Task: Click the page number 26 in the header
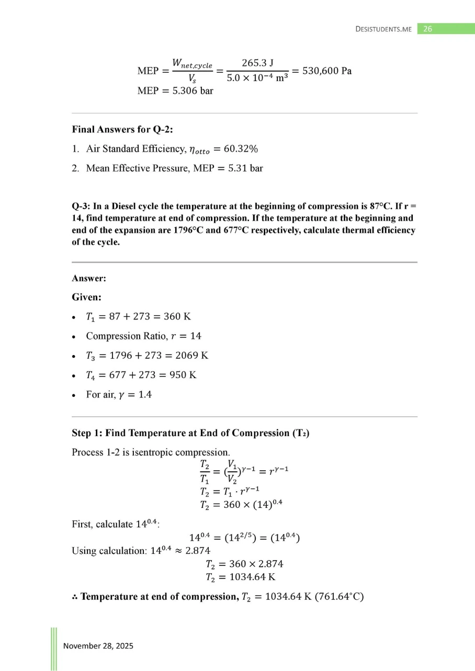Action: (x=427, y=29)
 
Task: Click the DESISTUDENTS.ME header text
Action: (x=384, y=29)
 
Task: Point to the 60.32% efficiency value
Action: (x=241, y=149)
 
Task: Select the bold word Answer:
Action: (x=88, y=279)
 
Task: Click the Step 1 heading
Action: (x=190, y=433)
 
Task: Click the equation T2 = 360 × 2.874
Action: (x=244, y=564)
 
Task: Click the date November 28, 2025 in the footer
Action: (x=98, y=646)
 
